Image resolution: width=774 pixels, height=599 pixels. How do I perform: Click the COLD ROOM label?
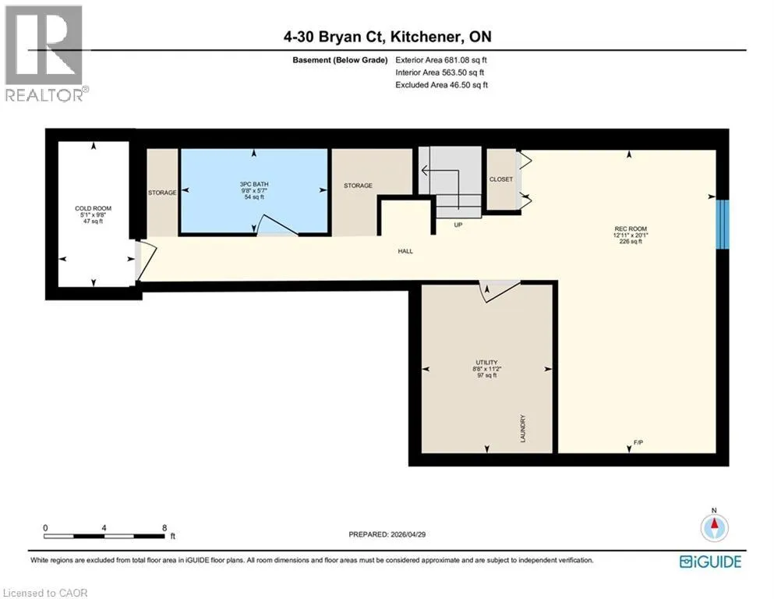[94, 208]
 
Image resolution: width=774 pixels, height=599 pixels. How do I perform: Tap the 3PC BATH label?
[254, 184]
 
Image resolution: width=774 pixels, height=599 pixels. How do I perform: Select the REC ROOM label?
[631, 229]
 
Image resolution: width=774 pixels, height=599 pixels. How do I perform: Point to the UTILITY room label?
[486, 363]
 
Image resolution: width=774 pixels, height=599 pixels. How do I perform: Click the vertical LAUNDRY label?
[523, 428]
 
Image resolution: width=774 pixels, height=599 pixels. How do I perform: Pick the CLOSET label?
[501, 179]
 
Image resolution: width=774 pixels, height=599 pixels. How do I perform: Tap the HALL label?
[405, 251]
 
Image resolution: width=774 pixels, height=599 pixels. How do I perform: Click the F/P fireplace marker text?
[638, 442]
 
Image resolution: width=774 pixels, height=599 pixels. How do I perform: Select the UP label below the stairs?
[458, 225]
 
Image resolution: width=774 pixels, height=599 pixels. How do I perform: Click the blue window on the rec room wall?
[723, 224]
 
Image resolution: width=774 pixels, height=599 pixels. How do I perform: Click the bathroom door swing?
[277, 225]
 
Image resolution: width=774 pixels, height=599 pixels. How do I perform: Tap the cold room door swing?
[146, 261]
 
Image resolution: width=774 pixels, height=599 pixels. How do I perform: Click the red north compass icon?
[714, 527]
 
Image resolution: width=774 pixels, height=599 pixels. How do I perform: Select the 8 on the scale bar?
[164, 528]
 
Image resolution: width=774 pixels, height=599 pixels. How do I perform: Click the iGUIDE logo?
[710, 562]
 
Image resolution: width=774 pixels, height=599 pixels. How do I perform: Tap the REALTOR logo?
[44, 53]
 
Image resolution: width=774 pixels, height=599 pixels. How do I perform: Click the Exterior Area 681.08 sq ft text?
[441, 60]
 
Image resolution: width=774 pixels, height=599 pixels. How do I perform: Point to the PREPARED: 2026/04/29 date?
[387, 534]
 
